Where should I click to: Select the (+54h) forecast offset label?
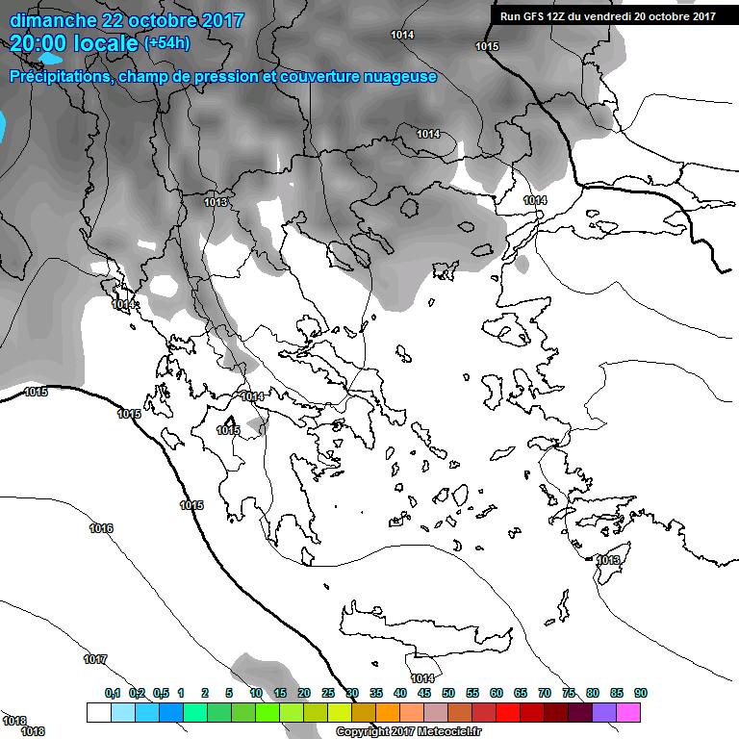click(x=166, y=43)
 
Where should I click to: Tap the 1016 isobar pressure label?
click(x=101, y=528)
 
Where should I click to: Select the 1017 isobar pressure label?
click(x=95, y=659)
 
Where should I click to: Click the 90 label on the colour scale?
click(x=641, y=693)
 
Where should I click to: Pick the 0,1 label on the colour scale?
click(x=113, y=693)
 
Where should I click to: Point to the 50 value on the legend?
click(x=448, y=693)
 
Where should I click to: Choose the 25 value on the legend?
click(x=328, y=693)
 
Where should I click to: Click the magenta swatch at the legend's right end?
click(x=628, y=712)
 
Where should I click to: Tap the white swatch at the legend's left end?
click(x=98, y=712)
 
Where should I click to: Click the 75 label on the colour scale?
click(x=569, y=693)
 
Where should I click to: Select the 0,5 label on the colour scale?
click(x=160, y=693)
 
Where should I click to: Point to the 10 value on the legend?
click(x=256, y=693)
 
